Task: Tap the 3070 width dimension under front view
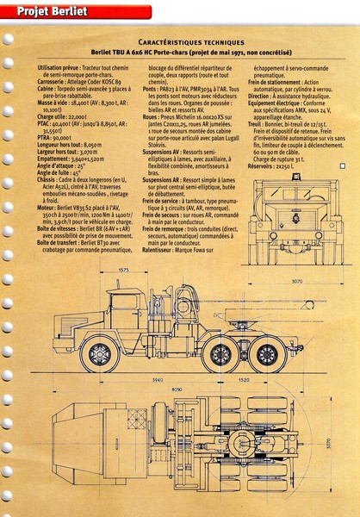(295, 281)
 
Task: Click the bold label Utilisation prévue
(61, 67)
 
